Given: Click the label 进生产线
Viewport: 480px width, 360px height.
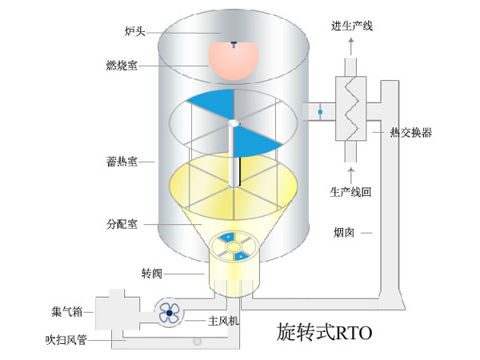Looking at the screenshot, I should pos(352,26).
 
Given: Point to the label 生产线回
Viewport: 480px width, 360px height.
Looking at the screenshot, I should pos(352,192).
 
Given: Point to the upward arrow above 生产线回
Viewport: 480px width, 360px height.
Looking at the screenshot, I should pos(350,170).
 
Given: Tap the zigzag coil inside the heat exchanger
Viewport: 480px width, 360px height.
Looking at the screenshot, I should pos(350,109).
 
